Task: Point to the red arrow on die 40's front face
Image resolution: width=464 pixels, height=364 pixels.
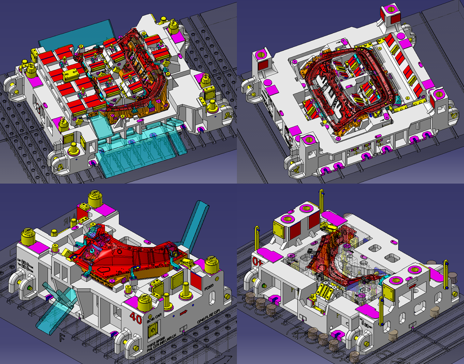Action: tap(183, 313)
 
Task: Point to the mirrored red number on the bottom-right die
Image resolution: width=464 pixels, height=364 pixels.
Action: tap(257, 260)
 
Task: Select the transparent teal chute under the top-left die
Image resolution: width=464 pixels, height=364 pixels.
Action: tap(138, 151)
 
